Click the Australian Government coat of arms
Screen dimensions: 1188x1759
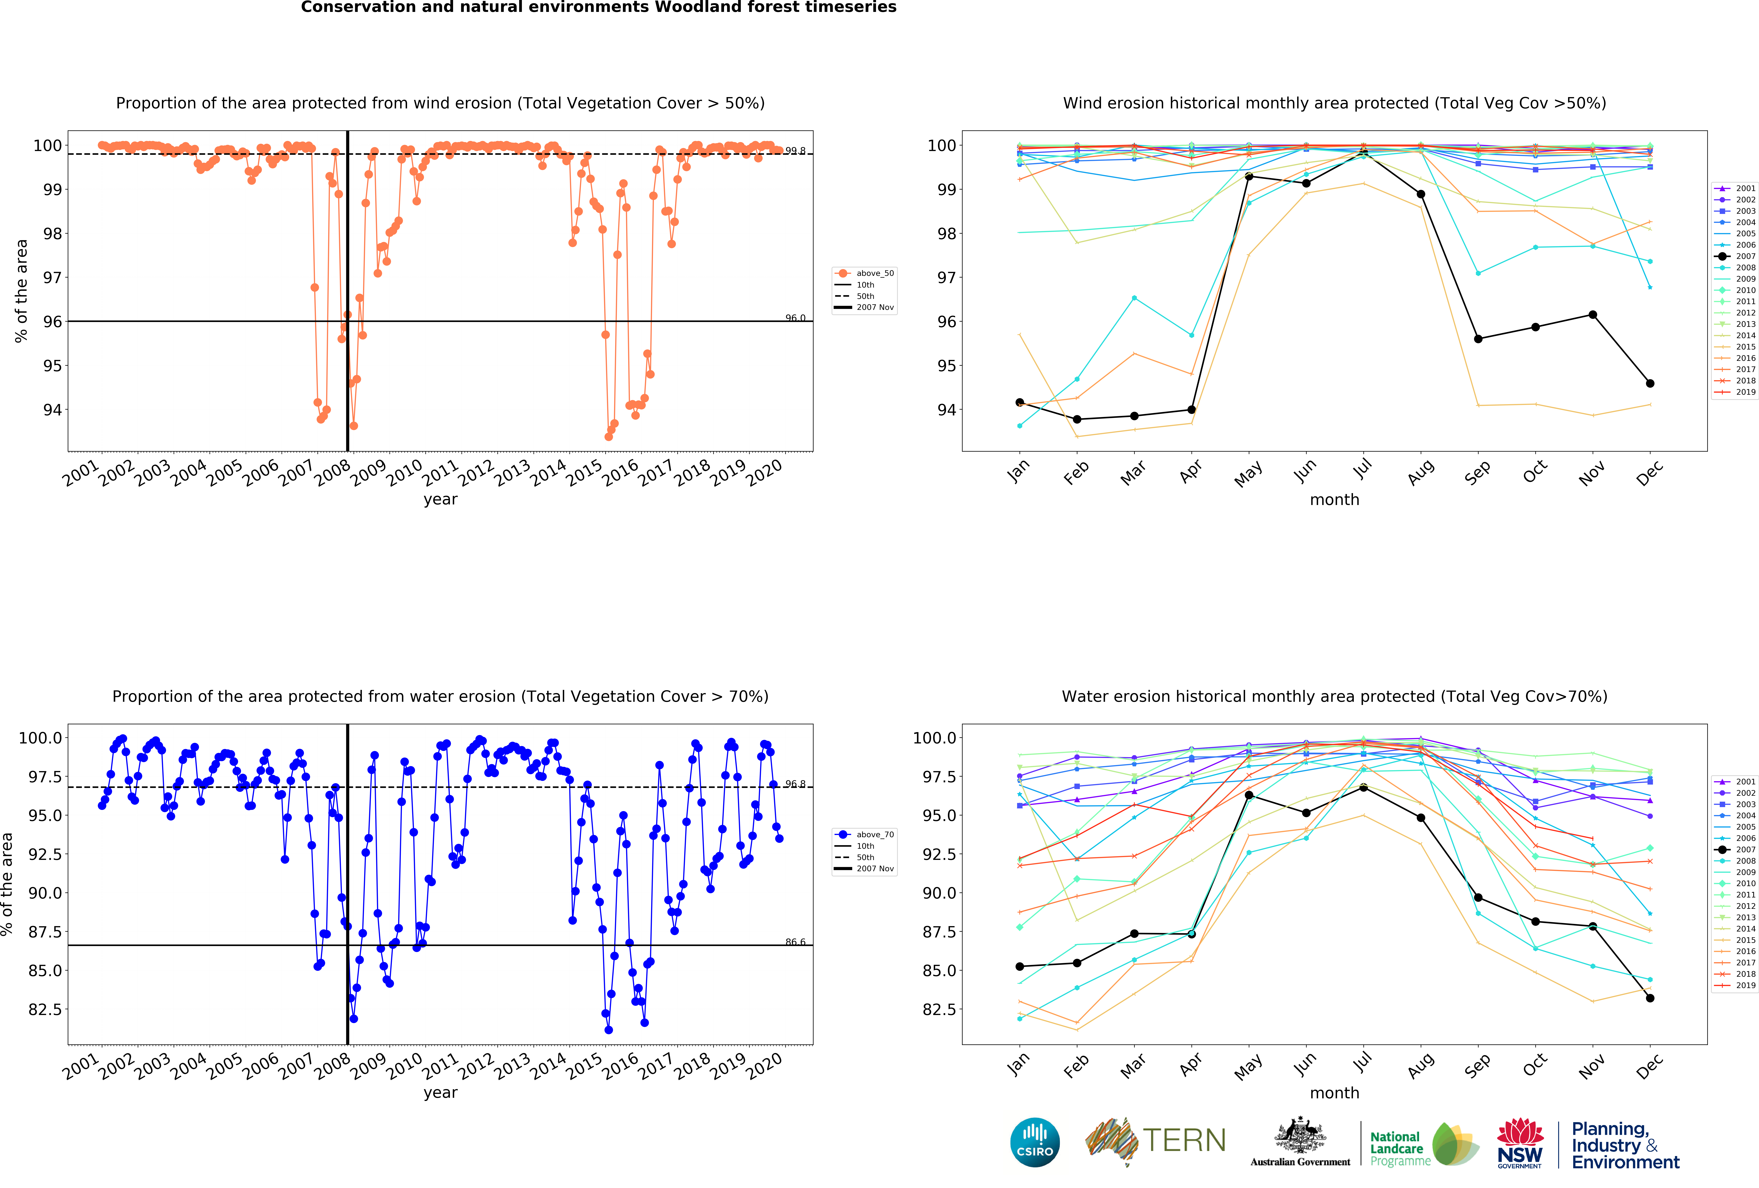1300,1135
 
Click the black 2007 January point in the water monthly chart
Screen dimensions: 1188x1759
1020,966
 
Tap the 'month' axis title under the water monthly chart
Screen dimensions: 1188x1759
1334,1093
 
